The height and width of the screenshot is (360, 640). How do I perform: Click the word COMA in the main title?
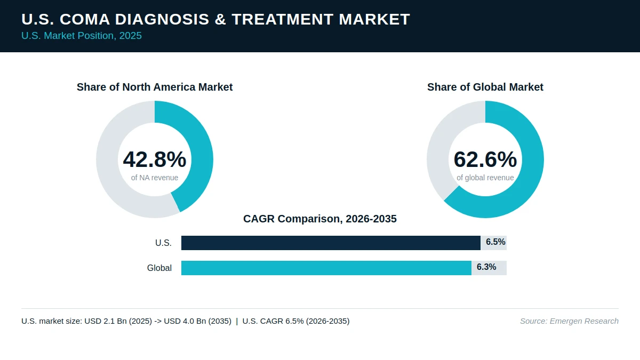point(85,19)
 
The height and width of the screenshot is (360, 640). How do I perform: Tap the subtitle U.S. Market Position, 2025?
point(82,36)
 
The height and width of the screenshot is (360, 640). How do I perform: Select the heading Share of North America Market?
point(155,87)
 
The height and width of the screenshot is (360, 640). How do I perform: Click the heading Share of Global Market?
point(485,87)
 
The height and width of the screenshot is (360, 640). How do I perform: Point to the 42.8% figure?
point(155,159)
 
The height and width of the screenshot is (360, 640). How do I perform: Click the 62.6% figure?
point(485,159)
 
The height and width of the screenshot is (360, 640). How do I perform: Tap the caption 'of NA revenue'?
point(155,178)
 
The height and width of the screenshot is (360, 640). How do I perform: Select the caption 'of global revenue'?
point(485,178)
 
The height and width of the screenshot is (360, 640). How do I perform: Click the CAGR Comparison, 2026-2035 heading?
point(320,219)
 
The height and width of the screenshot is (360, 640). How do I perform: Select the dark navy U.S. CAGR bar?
point(331,243)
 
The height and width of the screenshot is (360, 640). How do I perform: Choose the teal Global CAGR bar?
point(326,268)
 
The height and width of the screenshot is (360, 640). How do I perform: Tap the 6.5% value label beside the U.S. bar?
point(495,242)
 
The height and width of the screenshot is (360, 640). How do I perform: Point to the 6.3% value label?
point(486,267)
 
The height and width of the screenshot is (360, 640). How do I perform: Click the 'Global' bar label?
point(159,268)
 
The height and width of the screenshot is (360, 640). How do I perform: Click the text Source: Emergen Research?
point(569,321)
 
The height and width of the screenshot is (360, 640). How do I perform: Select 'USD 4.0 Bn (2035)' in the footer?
point(198,321)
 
